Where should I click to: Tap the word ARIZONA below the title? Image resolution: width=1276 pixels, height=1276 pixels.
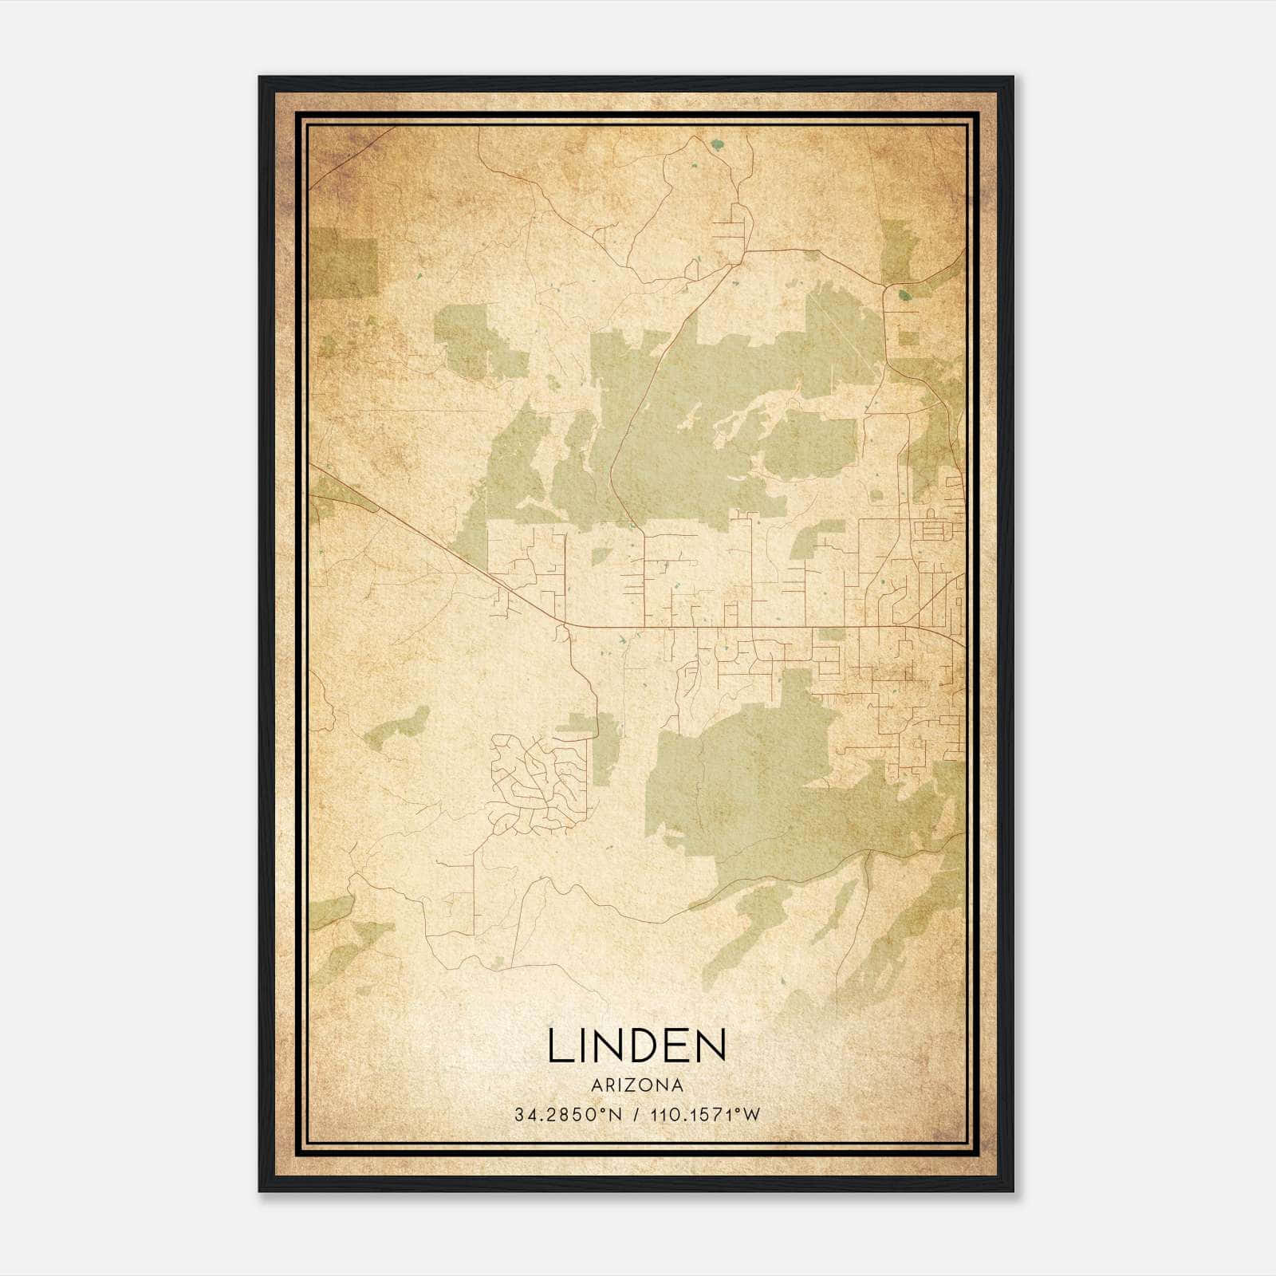637,1085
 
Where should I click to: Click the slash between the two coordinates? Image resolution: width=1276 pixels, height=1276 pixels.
636,1115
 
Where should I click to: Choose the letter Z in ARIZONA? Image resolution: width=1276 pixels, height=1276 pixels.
629,1085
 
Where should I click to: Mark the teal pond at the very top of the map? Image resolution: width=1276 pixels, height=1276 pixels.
716,146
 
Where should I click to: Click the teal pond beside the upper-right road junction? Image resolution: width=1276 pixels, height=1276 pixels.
903,295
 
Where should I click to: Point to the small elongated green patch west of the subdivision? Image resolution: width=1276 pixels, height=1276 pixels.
396,724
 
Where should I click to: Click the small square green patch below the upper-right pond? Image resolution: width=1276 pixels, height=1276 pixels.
908,337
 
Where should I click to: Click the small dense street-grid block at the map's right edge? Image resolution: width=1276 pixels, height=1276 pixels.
930,528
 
